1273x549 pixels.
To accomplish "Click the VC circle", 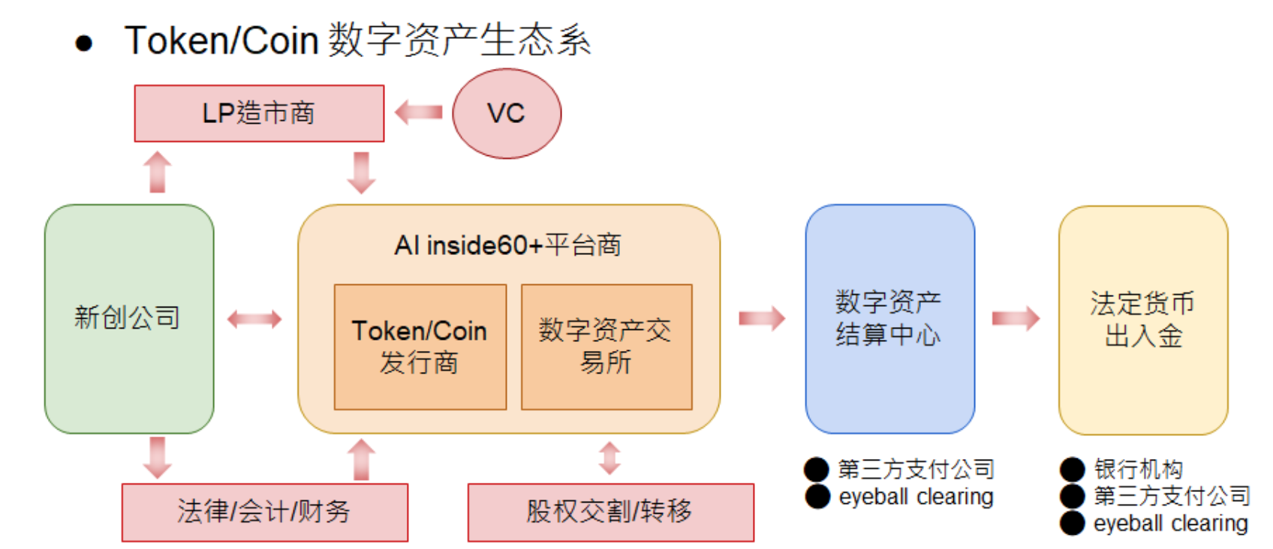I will pos(507,113).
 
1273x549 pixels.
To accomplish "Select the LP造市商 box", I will pos(259,113).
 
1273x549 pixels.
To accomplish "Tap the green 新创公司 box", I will pos(129,318).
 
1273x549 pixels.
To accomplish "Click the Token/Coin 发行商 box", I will pos(420,346).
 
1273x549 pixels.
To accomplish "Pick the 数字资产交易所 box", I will pos(606,346).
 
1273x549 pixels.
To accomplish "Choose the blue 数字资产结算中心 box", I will pos(889,318).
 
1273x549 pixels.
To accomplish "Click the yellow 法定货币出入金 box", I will pos(1142,319).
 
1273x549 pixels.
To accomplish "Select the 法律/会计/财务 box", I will pos(264,511).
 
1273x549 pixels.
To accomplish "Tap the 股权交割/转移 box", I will pos(610,511).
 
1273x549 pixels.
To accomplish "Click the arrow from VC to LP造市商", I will pos(419,113).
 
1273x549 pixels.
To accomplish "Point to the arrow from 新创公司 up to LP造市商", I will pos(158,172).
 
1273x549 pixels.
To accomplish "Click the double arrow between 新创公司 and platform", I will pos(254,319).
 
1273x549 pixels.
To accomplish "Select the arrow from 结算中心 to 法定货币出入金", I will pos(1016,319).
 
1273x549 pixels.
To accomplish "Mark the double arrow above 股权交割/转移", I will pos(609,457).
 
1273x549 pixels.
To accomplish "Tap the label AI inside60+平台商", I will pos(508,245).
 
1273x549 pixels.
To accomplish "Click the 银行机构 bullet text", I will pos(1138,469).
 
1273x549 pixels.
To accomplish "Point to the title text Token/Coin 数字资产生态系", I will pos(358,40).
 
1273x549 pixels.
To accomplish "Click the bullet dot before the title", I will pos(84,43).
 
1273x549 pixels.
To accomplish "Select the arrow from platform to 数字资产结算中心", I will pos(762,319).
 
